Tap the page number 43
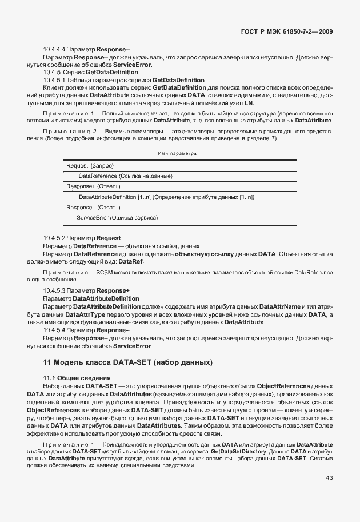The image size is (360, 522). click(x=329, y=479)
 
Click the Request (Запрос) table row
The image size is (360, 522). click(x=90, y=165)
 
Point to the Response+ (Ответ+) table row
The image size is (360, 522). click(x=93, y=186)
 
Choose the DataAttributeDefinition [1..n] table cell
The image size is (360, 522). click(x=166, y=197)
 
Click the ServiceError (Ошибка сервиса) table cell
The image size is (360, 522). click(x=117, y=218)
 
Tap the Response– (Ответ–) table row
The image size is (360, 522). click(x=91, y=208)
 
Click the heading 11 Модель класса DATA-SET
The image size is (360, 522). click(x=127, y=362)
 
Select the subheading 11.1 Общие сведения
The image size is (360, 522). click(x=69, y=378)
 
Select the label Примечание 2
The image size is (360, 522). click(x=67, y=132)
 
